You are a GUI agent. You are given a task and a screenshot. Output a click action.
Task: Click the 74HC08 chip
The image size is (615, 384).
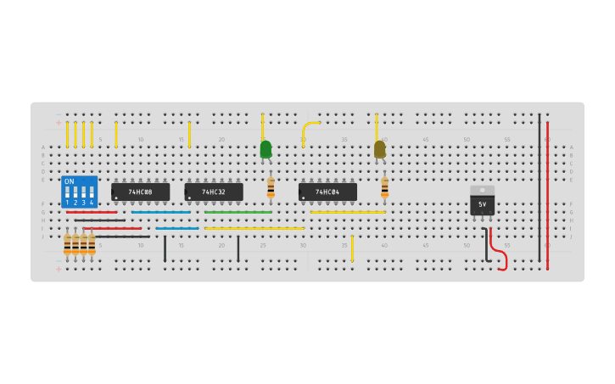(x=140, y=192)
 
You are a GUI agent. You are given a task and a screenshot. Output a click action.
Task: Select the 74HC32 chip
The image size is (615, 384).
(x=213, y=192)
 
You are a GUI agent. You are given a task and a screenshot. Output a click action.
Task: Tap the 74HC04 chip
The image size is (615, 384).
(x=327, y=192)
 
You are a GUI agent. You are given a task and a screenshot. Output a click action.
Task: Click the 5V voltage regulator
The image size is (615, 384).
(x=482, y=204)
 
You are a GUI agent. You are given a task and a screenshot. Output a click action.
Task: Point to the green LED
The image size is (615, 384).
(x=266, y=149)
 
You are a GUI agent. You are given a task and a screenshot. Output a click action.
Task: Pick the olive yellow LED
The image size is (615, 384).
(x=379, y=149)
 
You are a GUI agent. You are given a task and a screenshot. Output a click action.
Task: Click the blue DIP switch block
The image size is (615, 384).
(x=79, y=192)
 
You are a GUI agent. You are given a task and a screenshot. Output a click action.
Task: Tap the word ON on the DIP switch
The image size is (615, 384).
(x=70, y=181)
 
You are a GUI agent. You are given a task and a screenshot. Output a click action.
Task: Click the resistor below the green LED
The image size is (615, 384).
(x=271, y=187)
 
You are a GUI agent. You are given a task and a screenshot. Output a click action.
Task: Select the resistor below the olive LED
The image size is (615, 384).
(x=384, y=187)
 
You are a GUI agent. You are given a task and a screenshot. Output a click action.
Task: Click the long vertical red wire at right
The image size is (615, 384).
(x=547, y=195)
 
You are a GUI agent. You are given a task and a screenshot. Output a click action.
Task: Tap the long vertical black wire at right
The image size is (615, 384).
(x=539, y=186)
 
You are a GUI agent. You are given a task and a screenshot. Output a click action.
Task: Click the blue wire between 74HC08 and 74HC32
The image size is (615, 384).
(x=176, y=228)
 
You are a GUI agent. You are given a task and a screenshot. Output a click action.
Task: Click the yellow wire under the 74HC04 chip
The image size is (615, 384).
(x=348, y=212)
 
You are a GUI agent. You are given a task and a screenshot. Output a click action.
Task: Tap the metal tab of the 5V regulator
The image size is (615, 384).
(x=482, y=190)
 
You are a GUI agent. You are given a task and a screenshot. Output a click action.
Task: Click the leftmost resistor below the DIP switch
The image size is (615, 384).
(x=67, y=244)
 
